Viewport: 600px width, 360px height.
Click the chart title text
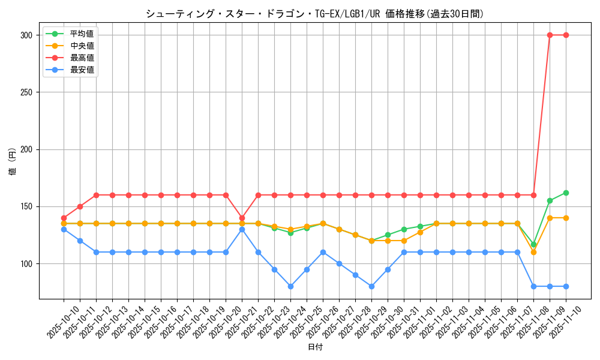point(314,13)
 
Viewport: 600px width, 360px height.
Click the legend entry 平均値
point(82,34)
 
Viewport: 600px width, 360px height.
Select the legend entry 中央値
point(82,46)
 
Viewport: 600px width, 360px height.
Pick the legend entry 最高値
point(82,58)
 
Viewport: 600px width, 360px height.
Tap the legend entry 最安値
point(82,70)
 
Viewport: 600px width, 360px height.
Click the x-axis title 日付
point(315,347)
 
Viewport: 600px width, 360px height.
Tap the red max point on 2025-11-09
point(550,35)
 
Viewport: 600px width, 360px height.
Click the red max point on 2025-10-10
point(64,218)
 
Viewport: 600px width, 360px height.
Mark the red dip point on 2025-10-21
point(242,218)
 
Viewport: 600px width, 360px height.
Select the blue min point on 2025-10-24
point(290,286)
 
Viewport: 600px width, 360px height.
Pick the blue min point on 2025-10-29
point(371,286)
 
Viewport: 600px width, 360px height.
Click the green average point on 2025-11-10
point(566,193)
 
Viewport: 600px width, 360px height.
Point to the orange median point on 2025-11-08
point(533,252)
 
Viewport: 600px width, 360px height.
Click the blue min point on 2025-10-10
point(64,229)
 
